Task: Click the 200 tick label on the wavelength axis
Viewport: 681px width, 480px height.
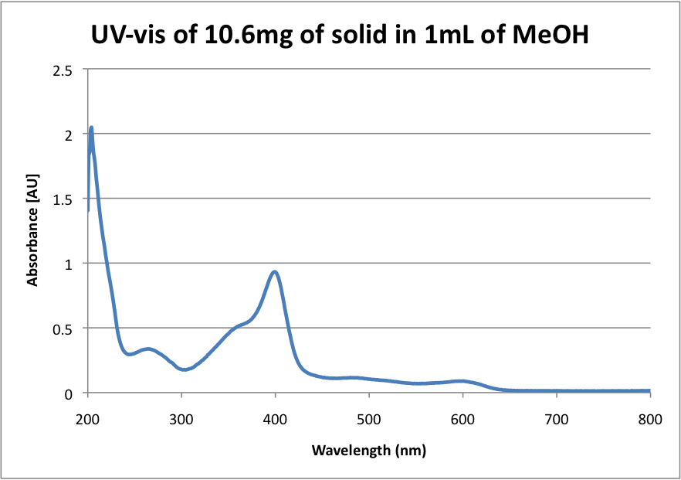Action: (88, 420)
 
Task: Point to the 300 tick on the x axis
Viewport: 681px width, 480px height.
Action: (181, 420)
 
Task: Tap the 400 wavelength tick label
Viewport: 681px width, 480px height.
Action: (276, 420)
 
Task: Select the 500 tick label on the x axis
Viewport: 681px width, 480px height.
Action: (369, 420)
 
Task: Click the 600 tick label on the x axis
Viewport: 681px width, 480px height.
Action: (463, 420)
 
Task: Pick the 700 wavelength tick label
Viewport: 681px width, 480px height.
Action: (557, 420)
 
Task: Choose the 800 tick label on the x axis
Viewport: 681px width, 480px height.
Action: (650, 420)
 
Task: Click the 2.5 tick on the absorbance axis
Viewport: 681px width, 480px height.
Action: (63, 70)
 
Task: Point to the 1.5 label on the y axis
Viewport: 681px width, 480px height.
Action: (63, 199)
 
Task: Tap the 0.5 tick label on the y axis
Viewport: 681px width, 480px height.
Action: (63, 329)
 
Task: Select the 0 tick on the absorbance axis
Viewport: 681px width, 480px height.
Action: (69, 393)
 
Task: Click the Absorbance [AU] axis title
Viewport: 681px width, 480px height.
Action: (32, 232)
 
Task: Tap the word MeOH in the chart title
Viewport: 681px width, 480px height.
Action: (551, 36)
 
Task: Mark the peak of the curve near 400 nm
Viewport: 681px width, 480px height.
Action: (274, 271)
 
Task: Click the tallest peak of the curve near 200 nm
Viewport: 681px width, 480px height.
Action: (91, 128)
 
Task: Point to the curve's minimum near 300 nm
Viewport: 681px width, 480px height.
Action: (185, 369)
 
